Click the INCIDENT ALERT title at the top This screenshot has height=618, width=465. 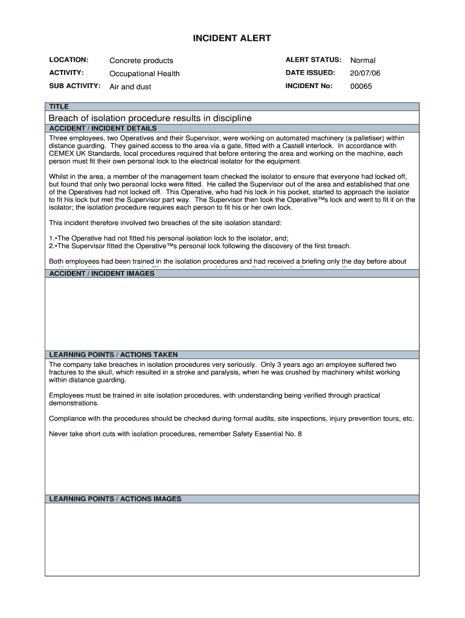[x=232, y=39]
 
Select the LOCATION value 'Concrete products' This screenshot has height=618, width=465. [x=141, y=60]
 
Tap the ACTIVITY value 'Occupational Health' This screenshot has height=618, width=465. [x=144, y=74]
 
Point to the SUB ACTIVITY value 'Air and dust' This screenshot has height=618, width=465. [x=130, y=87]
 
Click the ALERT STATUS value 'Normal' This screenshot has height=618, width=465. [x=363, y=60]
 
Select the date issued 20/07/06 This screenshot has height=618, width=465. [x=365, y=73]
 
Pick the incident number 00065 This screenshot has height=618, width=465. [x=361, y=86]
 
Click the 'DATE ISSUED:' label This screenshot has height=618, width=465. [x=310, y=73]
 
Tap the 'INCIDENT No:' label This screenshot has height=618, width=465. [x=309, y=86]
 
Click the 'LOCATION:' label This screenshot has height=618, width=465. [x=69, y=60]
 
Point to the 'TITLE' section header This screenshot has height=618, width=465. [x=59, y=107]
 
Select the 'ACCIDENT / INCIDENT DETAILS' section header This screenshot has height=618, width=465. [x=103, y=128]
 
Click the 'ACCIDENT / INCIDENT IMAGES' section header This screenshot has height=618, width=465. [x=101, y=273]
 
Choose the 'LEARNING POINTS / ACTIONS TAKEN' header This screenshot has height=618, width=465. [x=113, y=354]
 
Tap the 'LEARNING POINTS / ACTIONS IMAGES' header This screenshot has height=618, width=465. [x=115, y=499]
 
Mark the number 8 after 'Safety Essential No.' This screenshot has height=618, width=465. [x=300, y=434]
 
